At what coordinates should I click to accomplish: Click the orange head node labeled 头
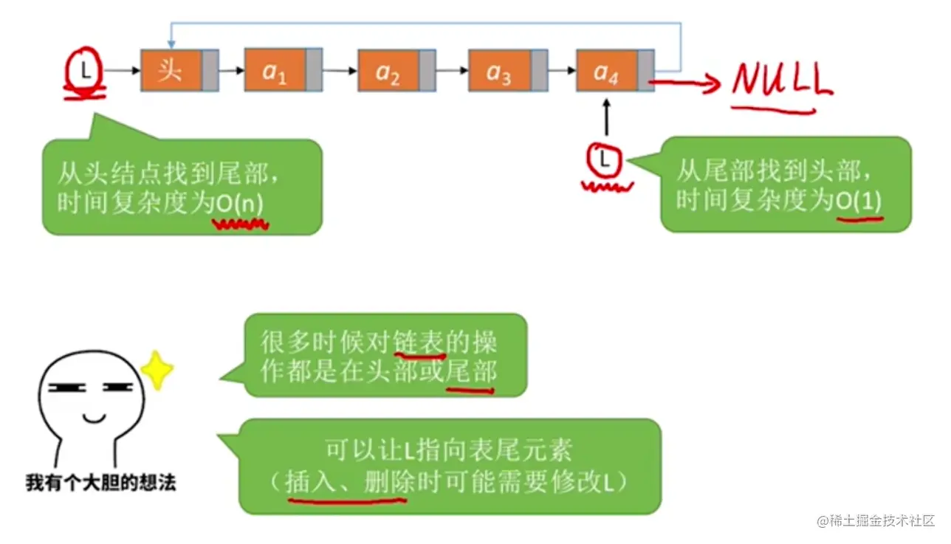(x=179, y=70)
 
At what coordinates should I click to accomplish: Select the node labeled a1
(x=284, y=70)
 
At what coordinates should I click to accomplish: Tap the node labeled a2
(x=396, y=70)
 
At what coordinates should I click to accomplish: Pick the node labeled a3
(x=508, y=70)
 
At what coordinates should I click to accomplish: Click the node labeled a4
(x=615, y=70)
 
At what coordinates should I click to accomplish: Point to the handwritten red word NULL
(x=782, y=80)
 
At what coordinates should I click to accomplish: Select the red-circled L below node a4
(x=604, y=160)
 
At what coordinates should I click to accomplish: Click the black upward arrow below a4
(x=607, y=117)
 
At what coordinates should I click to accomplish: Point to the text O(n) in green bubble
(x=239, y=204)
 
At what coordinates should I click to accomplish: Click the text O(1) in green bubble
(x=859, y=202)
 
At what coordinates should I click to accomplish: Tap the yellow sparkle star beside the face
(x=157, y=370)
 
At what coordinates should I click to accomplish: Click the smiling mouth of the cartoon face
(x=94, y=419)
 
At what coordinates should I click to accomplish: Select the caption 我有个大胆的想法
(x=100, y=483)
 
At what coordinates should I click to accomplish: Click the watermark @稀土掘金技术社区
(x=876, y=520)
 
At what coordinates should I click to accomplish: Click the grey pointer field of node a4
(x=646, y=70)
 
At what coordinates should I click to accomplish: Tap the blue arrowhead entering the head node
(x=171, y=44)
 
